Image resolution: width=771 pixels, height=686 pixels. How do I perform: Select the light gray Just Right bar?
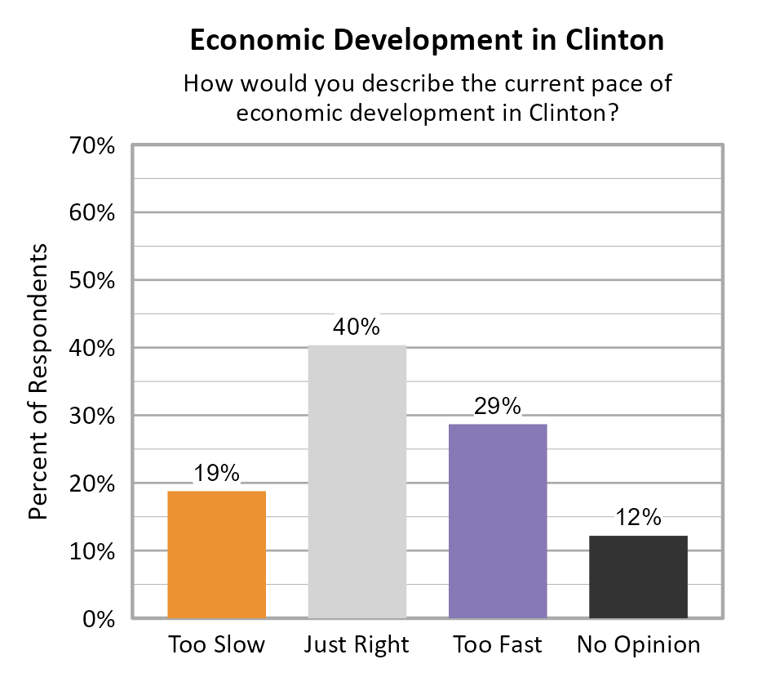tap(357, 481)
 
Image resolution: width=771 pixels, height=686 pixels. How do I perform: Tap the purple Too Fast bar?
tap(498, 520)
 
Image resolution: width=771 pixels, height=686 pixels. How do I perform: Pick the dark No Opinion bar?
tap(638, 576)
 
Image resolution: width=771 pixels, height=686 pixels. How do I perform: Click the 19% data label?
tap(216, 474)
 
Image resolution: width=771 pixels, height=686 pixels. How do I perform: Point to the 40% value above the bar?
tap(357, 327)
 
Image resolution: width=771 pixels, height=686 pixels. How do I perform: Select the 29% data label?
tap(498, 406)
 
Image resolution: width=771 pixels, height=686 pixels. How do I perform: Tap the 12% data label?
tap(638, 518)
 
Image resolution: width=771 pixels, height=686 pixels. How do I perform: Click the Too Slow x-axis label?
tap(216, 645)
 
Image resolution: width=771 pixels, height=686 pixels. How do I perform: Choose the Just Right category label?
tap(357, 645)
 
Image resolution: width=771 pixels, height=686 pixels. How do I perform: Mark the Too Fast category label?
tap(498, 645)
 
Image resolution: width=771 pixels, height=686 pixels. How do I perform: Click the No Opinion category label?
tap(638, 645)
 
